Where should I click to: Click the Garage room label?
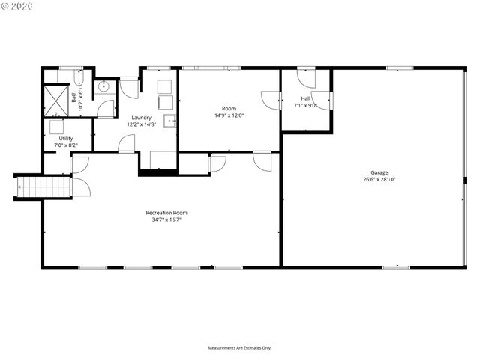pyautogui.click(x=379, y=172)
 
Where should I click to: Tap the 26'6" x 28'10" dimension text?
pyautogui.click(x=379, y=180)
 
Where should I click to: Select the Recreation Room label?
pyautogui.click(x=166, y=213)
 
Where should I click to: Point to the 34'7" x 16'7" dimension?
pyautogui.click(x=166, y=220)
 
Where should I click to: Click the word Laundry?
pyautogui.click(x=141, y=117)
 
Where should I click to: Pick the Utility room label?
pyautogui.click(x=66, y=139)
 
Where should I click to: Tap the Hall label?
pyautogui.click(x=306, y=98)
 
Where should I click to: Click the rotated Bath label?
pyautogui.click(x=73, y=96)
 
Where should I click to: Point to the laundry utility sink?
pyautogui.click(x=170, y=121)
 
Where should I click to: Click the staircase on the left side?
pyautogui.click(x=43, y=186)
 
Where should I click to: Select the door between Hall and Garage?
pyautogui.click(x=322, y=100)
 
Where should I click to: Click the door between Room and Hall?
pyautogui.click(x=271, y=100)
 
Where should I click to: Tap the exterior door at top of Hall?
pyautogui.click(x=307, y=76)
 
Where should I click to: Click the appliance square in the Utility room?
pyautogui.click(x=56, y=127)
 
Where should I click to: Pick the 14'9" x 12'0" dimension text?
pyautogui.click(x=229, y=115)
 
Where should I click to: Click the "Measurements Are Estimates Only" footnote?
pyautogui.click(x=240, y=347)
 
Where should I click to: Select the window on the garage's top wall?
pyautogui.click(x=399, y=68)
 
